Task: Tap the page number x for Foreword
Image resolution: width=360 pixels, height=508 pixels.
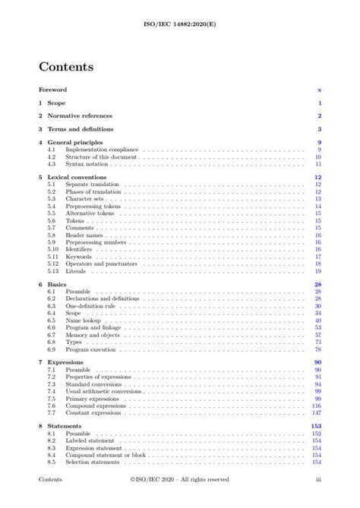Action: (x=320, y=90)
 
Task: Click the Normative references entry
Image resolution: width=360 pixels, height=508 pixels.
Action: (x=80, y=115)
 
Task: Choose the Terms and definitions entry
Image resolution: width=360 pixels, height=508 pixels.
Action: (x=82, y=129)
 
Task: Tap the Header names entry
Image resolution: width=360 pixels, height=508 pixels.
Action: (x=83, y=235)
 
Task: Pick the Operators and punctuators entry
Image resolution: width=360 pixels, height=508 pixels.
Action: (x=99, y=263)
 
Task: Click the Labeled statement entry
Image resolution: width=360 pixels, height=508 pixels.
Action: (x=90, y=440)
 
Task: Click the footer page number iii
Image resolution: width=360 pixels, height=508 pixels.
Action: (x=319, y=480)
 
